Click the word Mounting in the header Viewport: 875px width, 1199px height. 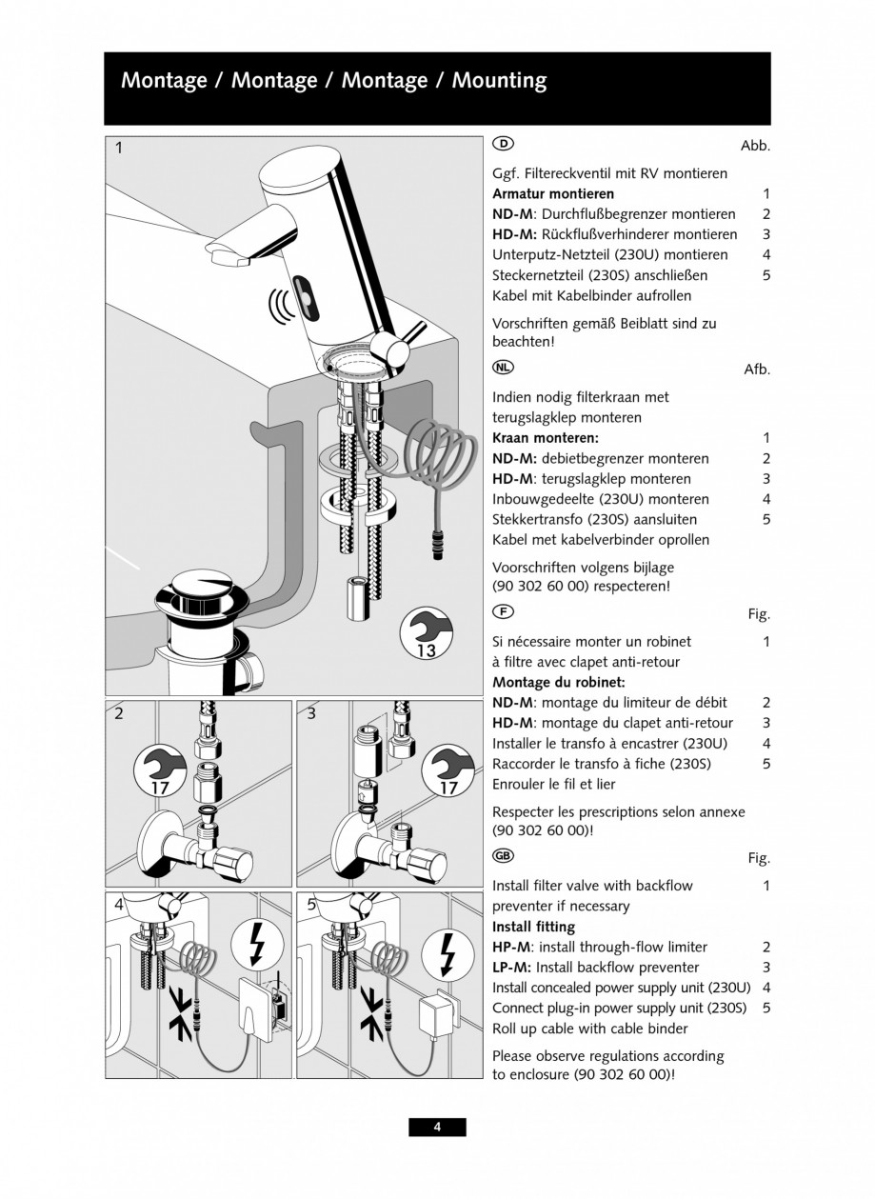(499, 81)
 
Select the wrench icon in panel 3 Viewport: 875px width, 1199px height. (447, 769)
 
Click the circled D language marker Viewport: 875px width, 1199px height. (503, 144)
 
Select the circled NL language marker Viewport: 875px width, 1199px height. (503, 368)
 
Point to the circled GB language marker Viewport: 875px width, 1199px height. (503, 856)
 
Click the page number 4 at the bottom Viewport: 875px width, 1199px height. (437, 1128)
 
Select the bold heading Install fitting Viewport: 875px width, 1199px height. (533, 926)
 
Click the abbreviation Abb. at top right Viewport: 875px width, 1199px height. (755, 146)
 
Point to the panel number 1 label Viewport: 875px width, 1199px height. (119, 148)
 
